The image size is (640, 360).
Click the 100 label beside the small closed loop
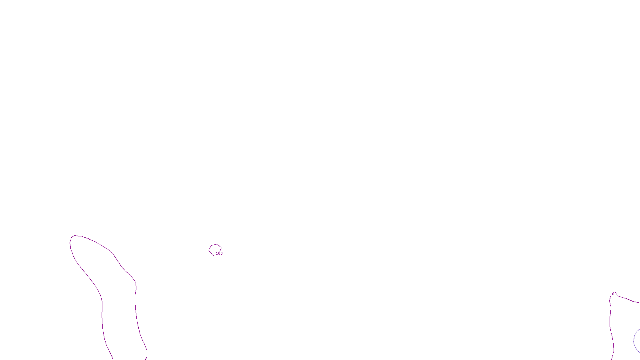pyautogui.click(x=219, y=254)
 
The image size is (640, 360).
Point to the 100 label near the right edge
pyautogui.click(x=613, y=294)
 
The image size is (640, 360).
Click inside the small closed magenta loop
pyautogui.click(x=215, y=250)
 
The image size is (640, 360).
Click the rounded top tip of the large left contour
pyautogui.click(x=75, y=236)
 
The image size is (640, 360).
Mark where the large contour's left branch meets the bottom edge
pyautogui.click(x=113, y=359)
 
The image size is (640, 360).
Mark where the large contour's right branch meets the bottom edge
pyautogui.click(x=145, y=359)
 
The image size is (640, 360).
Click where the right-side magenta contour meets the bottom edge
pyautogui.click(x=612, y=359)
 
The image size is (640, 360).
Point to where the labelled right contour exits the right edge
pyautogui.click(x=639, y=303)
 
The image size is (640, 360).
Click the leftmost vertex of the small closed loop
pyautogui.click(x=209, y=250)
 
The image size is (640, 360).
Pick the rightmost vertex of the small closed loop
pyautogui.click(x=221, y=248)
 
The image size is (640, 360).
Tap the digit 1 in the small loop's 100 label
pyautogui.click(x=217, y=254)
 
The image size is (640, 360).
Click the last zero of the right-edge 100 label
pyautogui.click(x=615, y=294)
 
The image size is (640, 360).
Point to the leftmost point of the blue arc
pyautogui.click(x=634, y=341)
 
